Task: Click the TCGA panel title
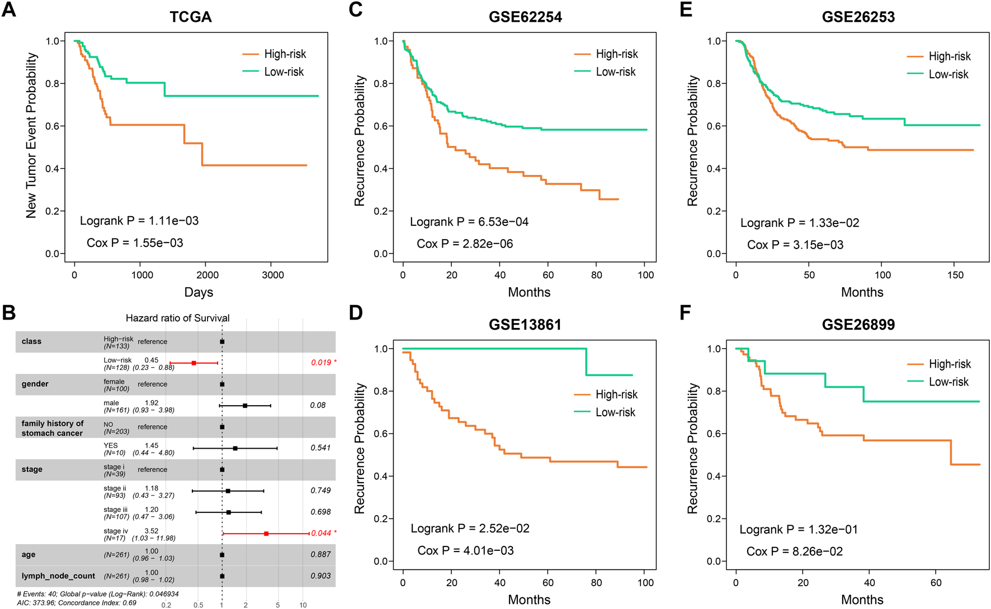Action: point(191,17)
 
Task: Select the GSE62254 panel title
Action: point(525,17)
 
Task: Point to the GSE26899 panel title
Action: point(858,325)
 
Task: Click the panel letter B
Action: point(9,312)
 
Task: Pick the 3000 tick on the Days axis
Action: point(273,275)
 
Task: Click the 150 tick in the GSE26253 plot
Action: point(955,275)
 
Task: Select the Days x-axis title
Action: point(199,292)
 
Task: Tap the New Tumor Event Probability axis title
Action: point(31,135)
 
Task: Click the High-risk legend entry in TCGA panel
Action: point(285,54)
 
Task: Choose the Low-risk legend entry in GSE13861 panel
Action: point(615,412)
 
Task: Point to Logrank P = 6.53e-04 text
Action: point(469,222)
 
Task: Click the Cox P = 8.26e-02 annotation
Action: point(794,551)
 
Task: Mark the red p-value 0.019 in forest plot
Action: point(321,363)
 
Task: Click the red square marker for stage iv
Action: point(266,534)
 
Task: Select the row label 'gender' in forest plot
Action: point(35,384)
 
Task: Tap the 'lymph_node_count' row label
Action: point(58,576)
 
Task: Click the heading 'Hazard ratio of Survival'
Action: point(177,318)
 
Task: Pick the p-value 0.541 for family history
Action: point(320,448)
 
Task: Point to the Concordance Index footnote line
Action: point(77,603)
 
